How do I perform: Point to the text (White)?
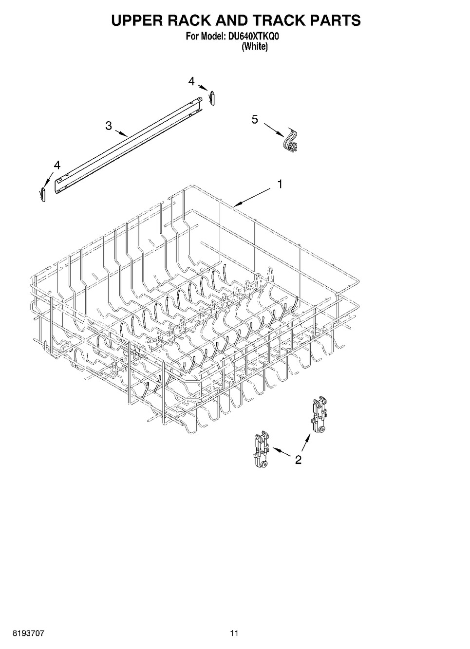click(x=255, y=46)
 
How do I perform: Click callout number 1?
click(x=280, y=184)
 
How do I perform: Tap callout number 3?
click(x=109, y=126)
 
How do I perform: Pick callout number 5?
click(x=255, y=119)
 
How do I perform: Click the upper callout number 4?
click(x=191, y=82)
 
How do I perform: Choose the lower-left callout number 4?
click(x=57, y=166)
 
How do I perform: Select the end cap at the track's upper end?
click(x=213, y=98)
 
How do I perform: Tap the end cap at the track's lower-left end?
click(x=43, y=194)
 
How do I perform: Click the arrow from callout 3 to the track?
click(x=121, y=133)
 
